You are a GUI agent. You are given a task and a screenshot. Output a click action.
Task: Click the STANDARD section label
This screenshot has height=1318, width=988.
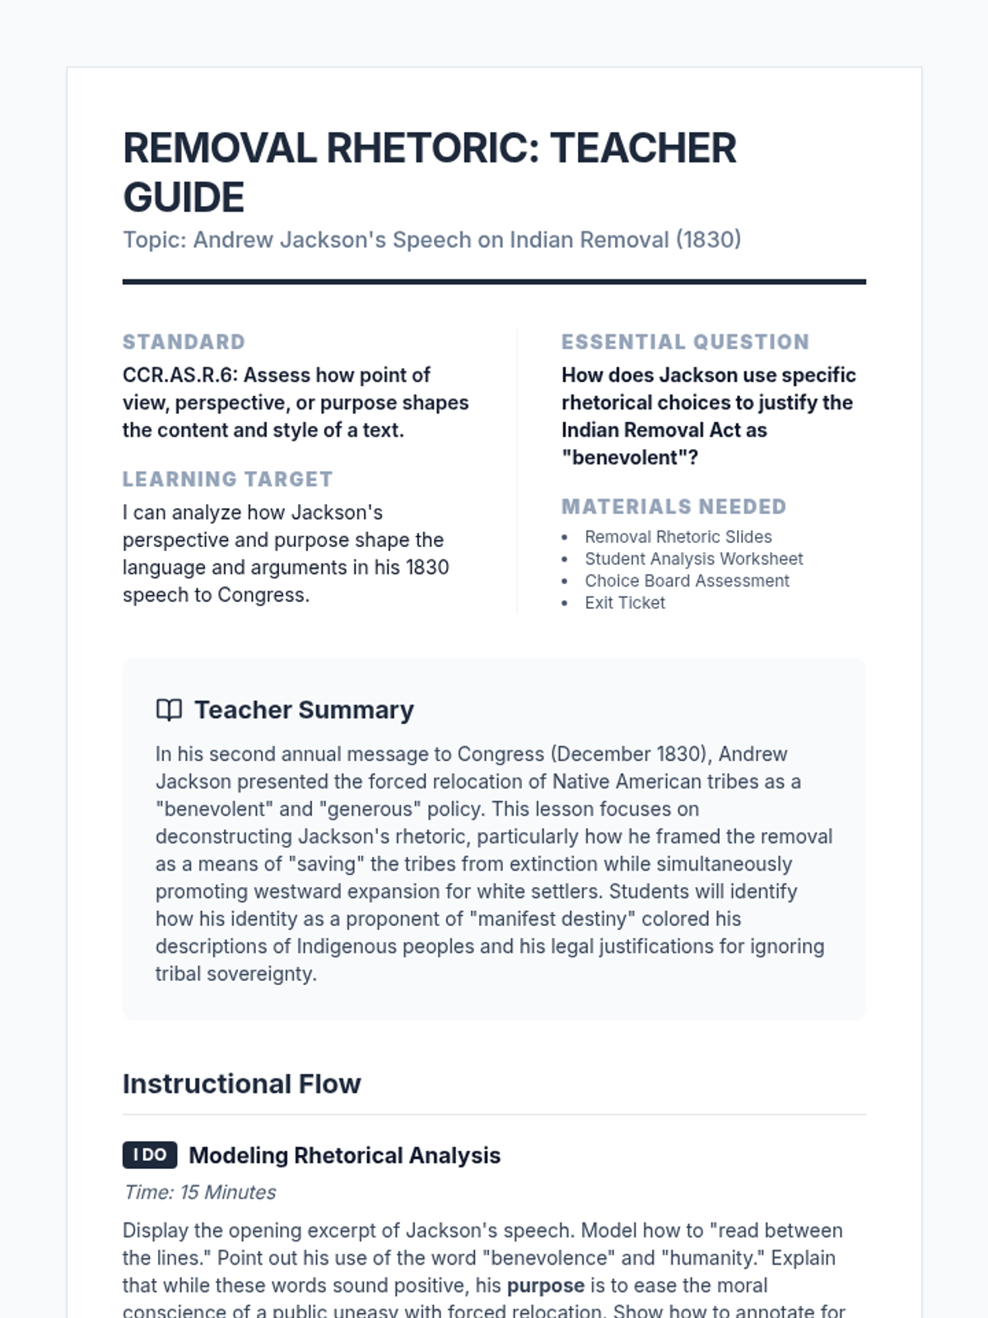click(x=184, y=342)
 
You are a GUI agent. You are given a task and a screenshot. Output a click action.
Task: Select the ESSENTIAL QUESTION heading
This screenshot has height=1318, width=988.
click(x=685, y=342)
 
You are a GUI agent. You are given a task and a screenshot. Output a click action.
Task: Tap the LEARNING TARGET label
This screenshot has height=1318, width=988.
click(x=227, y=479)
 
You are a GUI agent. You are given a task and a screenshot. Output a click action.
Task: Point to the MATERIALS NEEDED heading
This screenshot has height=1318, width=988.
click(x=673, y=507)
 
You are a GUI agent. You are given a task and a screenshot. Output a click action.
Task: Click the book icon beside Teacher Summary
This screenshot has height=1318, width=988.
click(x=169, y=710)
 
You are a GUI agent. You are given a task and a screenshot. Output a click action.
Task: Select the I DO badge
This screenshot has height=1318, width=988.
click(x=150, y=1155)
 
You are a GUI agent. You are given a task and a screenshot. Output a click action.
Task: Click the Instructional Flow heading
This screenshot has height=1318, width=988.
click(x=241, y=1084)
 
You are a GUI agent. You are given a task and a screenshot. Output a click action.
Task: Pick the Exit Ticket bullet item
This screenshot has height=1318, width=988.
click(x=624, y=603)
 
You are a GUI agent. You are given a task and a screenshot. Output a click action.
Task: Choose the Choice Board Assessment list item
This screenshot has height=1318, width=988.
click(x=687, y=581)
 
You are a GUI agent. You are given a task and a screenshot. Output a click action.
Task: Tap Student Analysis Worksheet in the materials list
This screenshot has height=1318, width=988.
click(x=693, y=559)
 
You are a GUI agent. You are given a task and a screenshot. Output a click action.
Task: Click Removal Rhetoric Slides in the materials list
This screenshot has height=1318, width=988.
click(x=678, y=537)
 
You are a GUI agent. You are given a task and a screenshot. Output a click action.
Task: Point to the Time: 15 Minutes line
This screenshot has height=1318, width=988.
click(x=199, y=1192)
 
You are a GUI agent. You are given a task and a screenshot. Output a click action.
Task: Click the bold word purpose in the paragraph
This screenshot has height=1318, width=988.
click(x=545, y=1286)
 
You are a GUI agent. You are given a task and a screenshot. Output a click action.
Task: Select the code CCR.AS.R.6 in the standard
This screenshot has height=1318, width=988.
click(x=178, y=376)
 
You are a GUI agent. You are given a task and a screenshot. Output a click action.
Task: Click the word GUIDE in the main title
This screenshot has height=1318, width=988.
click(x=184, y=198)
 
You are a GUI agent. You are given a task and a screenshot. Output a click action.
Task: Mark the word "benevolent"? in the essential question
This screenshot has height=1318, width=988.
click(x=630, y=458)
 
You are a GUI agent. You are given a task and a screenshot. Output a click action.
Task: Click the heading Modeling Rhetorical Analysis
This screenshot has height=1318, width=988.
click(x=344, y=1156)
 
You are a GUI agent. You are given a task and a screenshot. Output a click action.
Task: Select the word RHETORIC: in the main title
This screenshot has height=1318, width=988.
click(x=432, y=148)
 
